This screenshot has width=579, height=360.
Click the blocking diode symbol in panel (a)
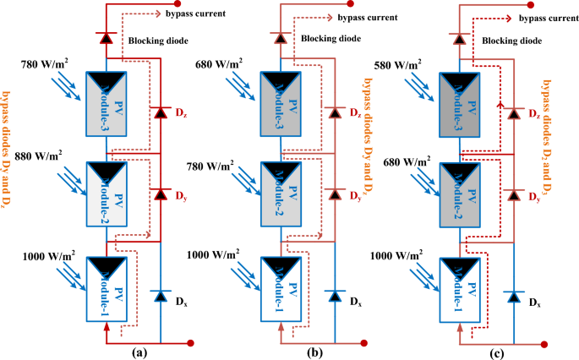[106, 37]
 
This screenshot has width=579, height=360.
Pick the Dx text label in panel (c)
[535, 302]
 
